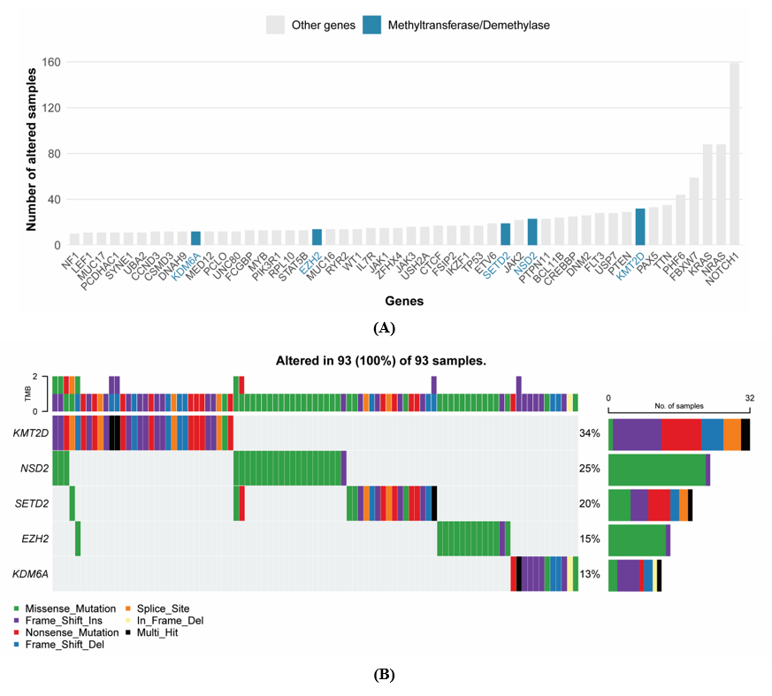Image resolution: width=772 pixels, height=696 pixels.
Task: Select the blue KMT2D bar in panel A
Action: click(640, 227)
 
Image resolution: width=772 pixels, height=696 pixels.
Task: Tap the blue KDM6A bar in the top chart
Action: click(196, 240)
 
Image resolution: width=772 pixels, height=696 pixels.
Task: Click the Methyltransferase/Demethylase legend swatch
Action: click(372, 25)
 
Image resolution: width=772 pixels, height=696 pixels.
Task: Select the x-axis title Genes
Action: click(402, 302)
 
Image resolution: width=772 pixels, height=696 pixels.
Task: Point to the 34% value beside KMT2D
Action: click(590, 433)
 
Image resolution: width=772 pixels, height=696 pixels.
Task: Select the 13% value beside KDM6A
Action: click(590, 574)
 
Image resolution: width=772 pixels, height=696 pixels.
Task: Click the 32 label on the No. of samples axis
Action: click(749, 398)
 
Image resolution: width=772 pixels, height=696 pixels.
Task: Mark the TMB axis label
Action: click(26, 394)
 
